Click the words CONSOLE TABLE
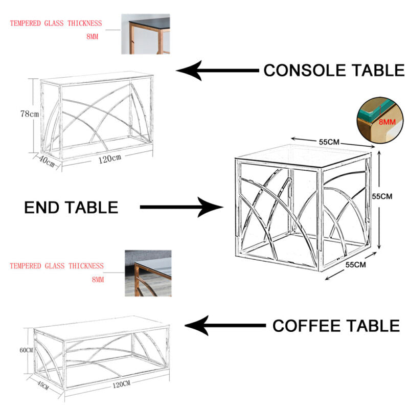tap(333, 71)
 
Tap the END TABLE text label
tap(71, 207)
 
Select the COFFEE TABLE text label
tap(336, 326)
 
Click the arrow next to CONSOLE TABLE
tap(217, 71)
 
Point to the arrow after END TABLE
tap(181, 207)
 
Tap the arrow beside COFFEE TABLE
tap(225, 326)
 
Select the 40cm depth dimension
tap(47, 161)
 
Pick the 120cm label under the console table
tap(109, 159)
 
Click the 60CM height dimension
tap(26, 350)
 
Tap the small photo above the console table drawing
tap(145, 34)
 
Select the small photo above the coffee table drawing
tap(148, 274)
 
